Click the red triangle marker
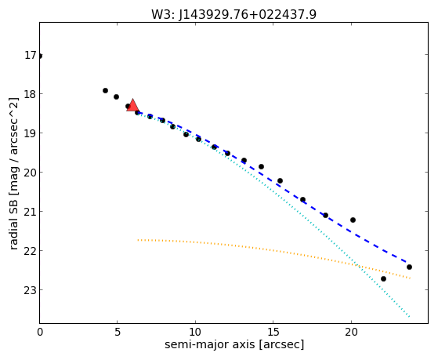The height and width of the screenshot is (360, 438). [132, 105]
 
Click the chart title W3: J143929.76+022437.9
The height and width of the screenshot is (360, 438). [233, 15]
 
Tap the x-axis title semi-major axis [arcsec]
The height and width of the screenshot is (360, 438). [234, 344]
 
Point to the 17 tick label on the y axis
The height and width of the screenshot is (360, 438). [31, 55]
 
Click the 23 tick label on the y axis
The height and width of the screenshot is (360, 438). [31, 290]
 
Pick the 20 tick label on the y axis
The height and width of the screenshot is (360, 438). [31, 173]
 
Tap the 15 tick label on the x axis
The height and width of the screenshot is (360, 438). [273, 333]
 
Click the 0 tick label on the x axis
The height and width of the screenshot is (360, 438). [40, 333]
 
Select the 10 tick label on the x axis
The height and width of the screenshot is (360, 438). [195, 333]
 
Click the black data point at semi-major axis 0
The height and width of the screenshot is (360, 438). [40, 56]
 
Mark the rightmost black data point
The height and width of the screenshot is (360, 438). [409, 267]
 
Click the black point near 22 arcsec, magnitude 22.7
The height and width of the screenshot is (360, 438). [383, 279]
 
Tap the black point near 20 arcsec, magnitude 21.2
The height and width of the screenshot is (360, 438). [353, 220]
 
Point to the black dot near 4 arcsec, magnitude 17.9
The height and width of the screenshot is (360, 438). [105, 91]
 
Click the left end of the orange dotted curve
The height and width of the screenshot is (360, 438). [138, 240]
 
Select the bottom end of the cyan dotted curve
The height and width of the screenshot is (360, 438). [410, 317]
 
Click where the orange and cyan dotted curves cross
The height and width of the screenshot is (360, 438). [357, 265]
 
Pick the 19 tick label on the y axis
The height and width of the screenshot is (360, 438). [31, 133]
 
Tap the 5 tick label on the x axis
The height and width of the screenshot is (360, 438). [118, 333]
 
